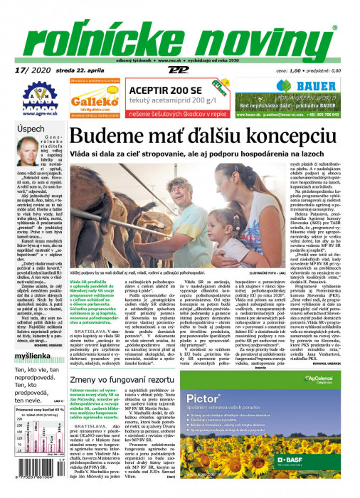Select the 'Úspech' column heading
point(31,129)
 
